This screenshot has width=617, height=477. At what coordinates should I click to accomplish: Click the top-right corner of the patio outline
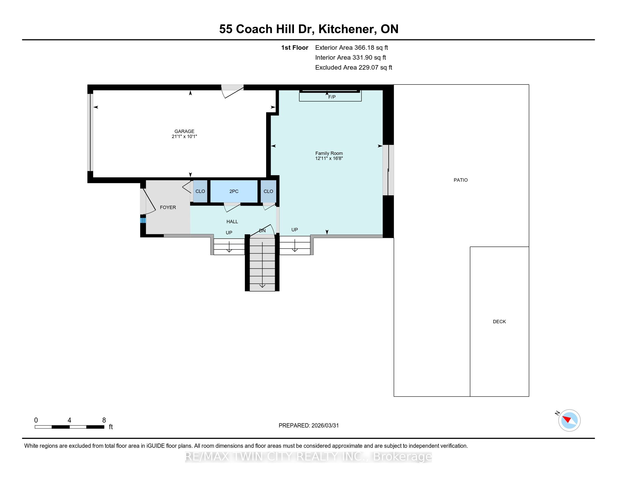(529, 84)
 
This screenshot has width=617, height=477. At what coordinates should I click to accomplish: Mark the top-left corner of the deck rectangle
(470, 247)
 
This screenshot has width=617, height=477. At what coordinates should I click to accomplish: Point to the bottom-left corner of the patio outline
(394, 396)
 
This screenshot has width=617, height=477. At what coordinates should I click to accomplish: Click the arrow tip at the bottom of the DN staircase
(263, 287)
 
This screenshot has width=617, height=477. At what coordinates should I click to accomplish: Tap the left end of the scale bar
(35, 427)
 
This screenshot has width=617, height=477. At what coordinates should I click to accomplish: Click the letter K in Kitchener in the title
(323, 29)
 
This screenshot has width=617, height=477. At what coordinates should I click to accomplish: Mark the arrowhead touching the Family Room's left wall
(273, 146)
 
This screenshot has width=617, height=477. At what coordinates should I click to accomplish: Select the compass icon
(569, 420)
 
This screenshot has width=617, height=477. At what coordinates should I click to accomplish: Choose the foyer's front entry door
(148, 201)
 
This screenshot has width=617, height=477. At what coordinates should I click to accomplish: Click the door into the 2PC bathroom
(232, 207)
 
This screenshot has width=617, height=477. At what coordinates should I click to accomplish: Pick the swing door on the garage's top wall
(232, 91)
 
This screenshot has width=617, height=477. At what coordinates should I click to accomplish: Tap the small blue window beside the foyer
(143, 220)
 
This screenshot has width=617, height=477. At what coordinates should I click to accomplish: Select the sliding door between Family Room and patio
(388, 170)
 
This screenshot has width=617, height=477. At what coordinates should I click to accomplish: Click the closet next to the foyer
(200, 191)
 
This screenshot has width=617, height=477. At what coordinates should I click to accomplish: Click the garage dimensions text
(184, 136)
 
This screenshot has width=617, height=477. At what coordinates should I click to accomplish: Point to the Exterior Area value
(371, 48)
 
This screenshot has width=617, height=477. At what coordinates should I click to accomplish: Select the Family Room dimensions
(329, 159)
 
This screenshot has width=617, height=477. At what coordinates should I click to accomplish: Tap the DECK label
(499, 322)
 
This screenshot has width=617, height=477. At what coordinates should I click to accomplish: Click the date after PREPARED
(325, 426)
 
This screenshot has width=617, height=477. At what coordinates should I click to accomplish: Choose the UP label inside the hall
(229, 233)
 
